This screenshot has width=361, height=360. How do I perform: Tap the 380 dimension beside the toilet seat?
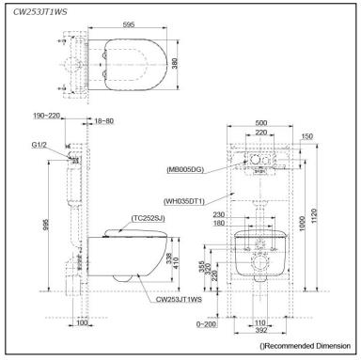pos(198,63)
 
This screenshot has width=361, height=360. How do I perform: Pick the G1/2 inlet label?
pos(41,145)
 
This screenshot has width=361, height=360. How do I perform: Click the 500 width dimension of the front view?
pos(260,122)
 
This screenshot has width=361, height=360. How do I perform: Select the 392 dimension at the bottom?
pos(260,331)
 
